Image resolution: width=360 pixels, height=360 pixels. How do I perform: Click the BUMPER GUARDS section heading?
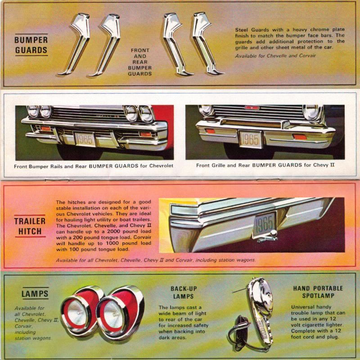tap(31, 45)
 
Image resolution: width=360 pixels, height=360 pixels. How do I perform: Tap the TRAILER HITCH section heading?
tap(30, 226)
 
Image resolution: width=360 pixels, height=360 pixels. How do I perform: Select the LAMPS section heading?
tap(35, 294)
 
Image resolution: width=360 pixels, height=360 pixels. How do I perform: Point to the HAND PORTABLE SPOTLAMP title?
tap(318, 292)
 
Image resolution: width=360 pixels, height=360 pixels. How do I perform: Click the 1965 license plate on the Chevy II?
tap(250, 139)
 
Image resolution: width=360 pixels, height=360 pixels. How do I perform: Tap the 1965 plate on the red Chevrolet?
tap(84, 139)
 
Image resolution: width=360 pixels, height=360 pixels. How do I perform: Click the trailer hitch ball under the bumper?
tap(273, 233)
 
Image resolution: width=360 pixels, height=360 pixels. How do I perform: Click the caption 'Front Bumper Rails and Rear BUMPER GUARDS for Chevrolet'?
tap(94, 165)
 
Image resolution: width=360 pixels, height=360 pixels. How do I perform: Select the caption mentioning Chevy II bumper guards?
tap(265, 165)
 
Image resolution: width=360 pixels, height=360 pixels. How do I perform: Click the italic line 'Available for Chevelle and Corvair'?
tap(275, 55)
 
